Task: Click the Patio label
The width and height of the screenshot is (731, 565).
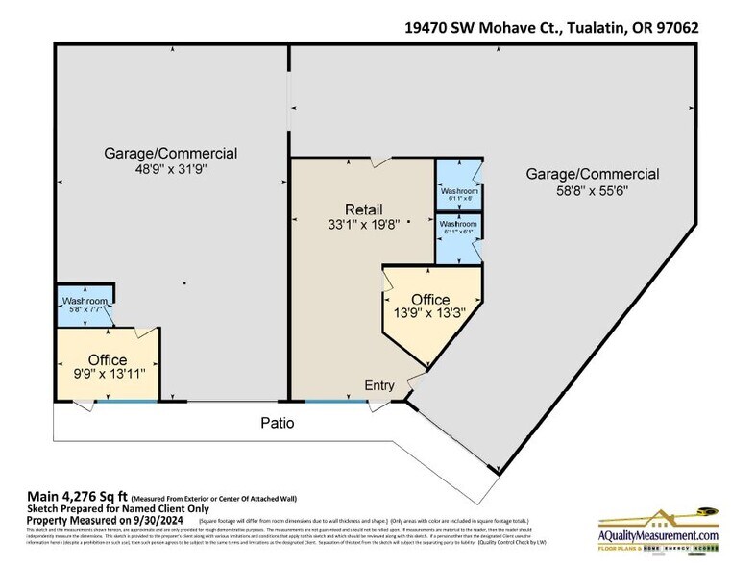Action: point(276,423)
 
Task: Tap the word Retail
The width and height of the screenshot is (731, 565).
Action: point(364,209)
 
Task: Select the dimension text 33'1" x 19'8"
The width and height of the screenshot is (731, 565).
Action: point(364,226)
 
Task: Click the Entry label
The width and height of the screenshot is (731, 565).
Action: point(379,385)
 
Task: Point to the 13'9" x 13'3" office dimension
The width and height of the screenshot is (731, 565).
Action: point(430,313)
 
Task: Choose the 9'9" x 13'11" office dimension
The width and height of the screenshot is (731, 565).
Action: point(108,375)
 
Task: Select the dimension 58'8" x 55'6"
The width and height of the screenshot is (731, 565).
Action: point(592,190)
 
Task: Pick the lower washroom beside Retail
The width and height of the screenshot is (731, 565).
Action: point(459,228)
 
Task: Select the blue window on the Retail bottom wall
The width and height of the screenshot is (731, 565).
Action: point(336,401)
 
